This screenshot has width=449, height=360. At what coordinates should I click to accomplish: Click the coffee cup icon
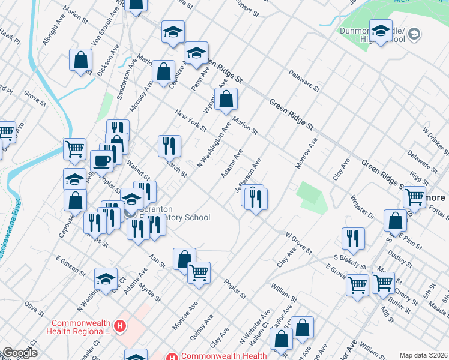[x=101, y=161]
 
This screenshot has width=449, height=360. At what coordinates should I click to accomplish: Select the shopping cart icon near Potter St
[x=414, y=196]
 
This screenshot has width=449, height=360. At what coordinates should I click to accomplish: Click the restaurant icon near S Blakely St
[x=353, y=237]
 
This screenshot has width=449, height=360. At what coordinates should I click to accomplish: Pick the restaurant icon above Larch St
[x=169, y=145]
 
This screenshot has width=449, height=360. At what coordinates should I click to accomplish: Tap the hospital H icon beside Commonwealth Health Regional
[x=121, y=326]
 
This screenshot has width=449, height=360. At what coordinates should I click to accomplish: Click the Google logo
[x=19, y=353]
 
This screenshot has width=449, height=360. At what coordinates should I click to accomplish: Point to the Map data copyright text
[x=423, y=355]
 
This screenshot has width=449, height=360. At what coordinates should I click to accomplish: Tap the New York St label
[x=190, y=120]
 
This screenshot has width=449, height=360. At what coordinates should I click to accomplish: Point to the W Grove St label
[x=298, y=244]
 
